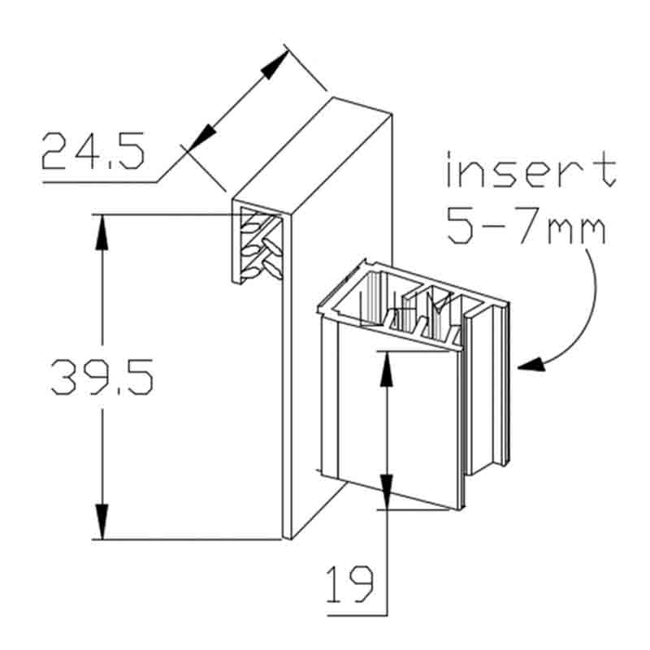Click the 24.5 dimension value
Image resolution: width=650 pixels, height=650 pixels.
[x=93, y=151]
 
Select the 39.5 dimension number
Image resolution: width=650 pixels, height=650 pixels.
[x=102, y=377]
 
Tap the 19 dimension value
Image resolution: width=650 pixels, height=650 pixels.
[x=349, y=584]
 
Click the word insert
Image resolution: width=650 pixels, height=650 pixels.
[x=531, y=169]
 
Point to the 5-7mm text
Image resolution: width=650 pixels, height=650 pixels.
[x=526, y=226]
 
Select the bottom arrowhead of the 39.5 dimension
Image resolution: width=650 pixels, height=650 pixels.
[x=102, y=522]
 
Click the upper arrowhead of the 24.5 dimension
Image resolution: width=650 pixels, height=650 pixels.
[x=275, y=65]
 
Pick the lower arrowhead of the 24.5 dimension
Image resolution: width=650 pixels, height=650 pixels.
[x=203, y=138]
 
